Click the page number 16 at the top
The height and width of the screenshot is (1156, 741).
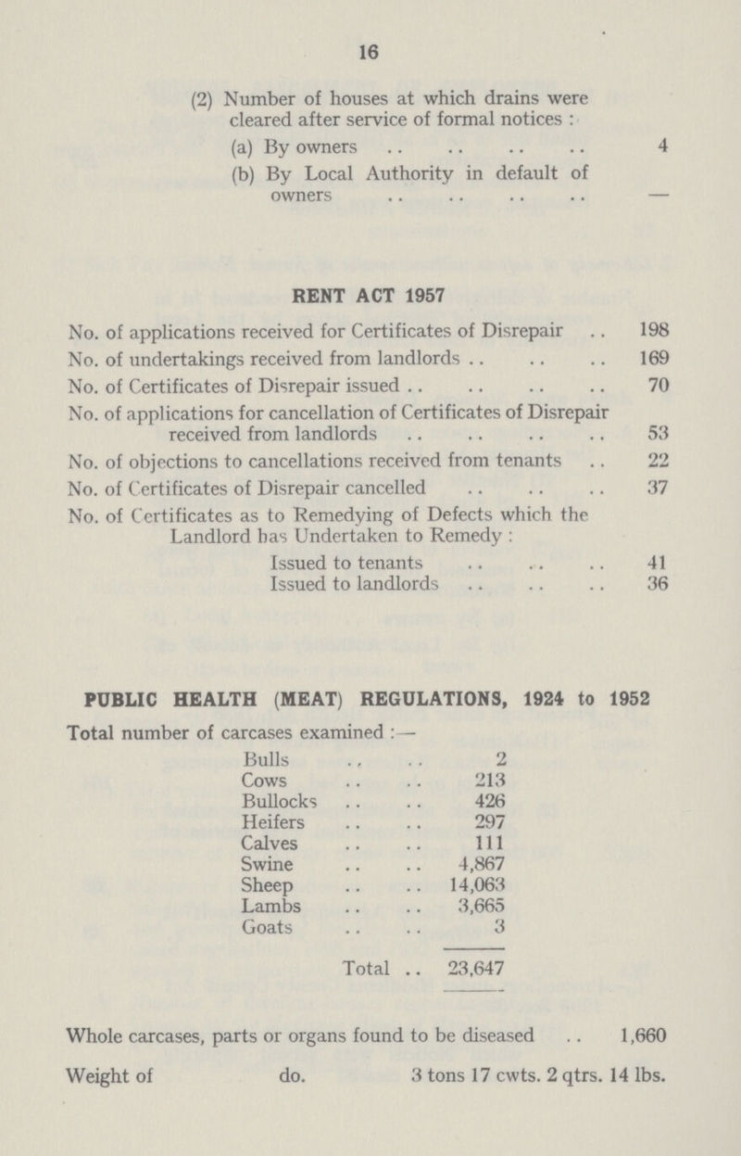[x=371, y=56]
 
